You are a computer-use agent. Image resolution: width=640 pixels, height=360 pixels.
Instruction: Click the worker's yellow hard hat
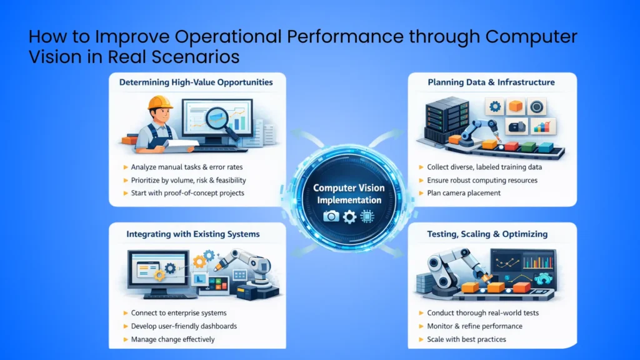160,102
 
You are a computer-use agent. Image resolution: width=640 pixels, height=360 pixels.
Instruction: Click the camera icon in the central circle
331,216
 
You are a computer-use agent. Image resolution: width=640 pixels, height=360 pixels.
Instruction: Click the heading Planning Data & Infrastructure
491,82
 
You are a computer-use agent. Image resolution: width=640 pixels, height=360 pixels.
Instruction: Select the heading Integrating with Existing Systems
193,234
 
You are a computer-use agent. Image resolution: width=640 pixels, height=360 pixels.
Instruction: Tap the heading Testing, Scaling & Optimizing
487,234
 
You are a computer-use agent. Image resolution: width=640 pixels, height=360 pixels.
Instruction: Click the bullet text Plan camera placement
464,193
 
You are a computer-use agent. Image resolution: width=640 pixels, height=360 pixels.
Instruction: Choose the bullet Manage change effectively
172,339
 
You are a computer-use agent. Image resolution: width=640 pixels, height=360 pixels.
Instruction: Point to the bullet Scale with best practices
466,339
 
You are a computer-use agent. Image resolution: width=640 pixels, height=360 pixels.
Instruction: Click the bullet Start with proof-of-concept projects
187,193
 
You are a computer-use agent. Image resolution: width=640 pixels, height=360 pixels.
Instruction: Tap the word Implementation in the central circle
348,200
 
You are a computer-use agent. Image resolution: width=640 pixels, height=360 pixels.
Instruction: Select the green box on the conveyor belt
527,147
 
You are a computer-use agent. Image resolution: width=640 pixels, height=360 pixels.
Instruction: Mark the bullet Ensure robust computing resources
482,181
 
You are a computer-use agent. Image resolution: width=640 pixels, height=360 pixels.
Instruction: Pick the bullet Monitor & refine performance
475,326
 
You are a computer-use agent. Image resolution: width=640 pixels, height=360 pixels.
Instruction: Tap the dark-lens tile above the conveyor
537,107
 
